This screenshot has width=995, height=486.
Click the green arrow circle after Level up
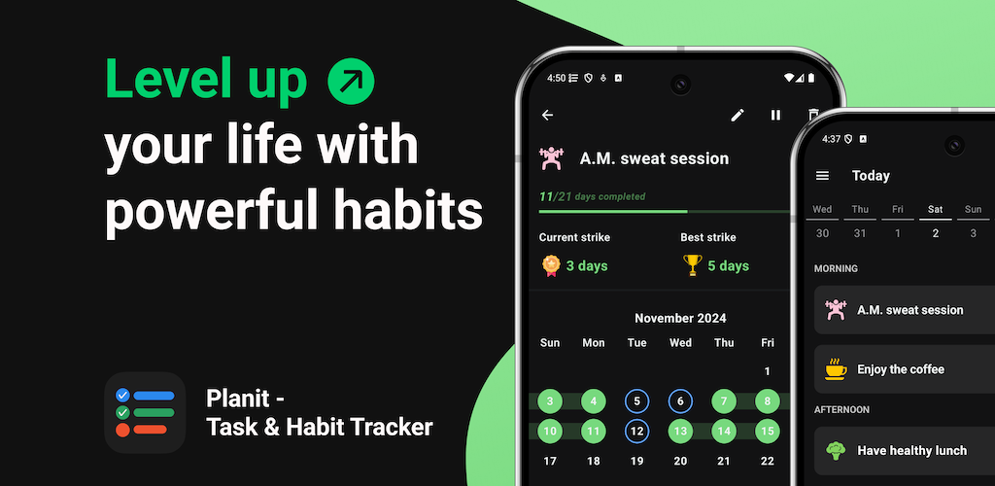[351, 82]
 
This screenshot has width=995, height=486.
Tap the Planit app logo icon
[145, 412]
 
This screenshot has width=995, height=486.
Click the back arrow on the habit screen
[548, 115]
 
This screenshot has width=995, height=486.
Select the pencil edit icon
[737, 115]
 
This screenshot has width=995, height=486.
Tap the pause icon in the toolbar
[775, 115]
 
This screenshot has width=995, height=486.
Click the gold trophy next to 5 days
[692, 265]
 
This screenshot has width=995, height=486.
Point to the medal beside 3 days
[551, 265]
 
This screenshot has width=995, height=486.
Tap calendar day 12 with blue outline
[637, 432]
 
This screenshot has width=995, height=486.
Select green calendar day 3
[550, 401]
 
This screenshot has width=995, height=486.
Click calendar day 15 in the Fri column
[768, 432]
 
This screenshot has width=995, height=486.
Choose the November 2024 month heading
[680, 318]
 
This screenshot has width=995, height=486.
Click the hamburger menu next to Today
[822, 176]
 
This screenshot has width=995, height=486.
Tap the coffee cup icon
[836, 369]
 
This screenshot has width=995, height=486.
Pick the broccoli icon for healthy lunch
[836, 450]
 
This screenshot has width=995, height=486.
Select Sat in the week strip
[936, 209]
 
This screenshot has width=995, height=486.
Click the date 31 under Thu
[860, 233]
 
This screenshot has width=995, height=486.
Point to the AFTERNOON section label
[841, 410]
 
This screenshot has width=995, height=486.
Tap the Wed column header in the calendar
[680, 342]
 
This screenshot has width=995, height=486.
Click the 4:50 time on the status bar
[556, 78]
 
